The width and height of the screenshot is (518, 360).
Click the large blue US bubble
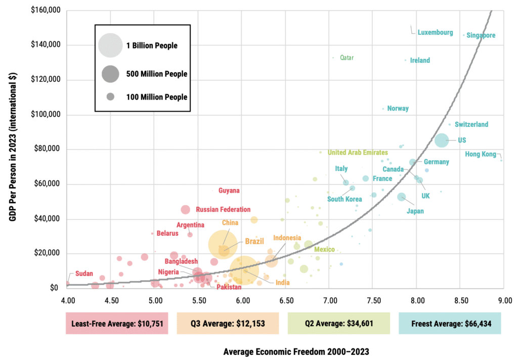tap(442, 140)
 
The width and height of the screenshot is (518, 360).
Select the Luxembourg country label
tap(435, 32)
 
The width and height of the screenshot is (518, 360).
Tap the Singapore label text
tap(481, 35)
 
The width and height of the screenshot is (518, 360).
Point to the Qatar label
tap(347, 58)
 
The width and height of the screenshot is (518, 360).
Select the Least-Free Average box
tap(117, 323)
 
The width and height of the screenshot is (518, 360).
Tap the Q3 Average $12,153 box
tap(228, 323)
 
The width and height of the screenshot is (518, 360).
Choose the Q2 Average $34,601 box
tap(339, 323)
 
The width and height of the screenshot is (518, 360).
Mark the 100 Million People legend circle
tap(110, 97)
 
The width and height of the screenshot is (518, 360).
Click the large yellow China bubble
tap(223, 244)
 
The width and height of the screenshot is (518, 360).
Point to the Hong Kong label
tap(481, 154)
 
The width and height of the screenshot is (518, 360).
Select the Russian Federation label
tap(223, 209)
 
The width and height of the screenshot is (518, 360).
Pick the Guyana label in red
tap(229, 191)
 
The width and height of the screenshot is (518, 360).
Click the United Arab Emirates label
tap(358, 152)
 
